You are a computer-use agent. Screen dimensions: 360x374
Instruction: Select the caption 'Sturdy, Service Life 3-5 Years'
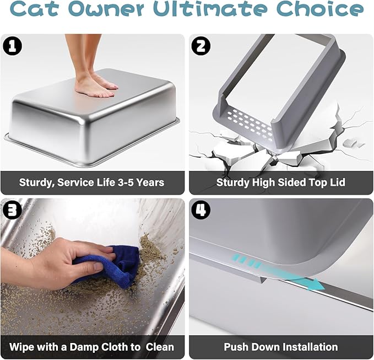click(91, 182)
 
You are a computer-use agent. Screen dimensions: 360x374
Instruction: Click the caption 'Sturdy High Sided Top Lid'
click(280, 182)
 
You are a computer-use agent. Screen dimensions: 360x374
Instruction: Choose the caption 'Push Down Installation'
click(280, 347)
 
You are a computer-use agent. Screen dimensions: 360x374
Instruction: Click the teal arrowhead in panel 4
click(316, 286)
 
